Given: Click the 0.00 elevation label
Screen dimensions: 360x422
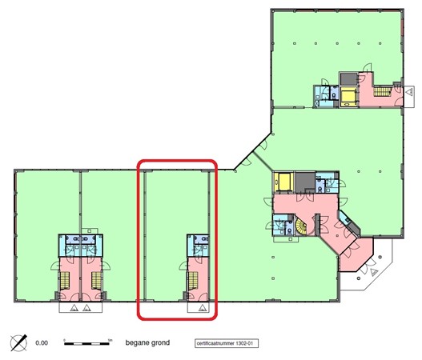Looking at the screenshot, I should click(x=42, y=344).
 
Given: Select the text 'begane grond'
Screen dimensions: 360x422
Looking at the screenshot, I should click(x=147, y=343).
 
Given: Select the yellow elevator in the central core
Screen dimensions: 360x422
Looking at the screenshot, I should click(x=283, y=181).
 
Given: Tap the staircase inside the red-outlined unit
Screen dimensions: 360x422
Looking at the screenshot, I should click(x=193, y=281).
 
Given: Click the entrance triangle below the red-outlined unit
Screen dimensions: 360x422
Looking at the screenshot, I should click(x=203, y=305).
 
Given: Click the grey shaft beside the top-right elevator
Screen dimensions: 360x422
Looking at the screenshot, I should click(x=348, y=78).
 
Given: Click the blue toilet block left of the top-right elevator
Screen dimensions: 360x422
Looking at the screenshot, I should click(x=326, y=94).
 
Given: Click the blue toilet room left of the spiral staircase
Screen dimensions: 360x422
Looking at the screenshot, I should click(x=282, y=228).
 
